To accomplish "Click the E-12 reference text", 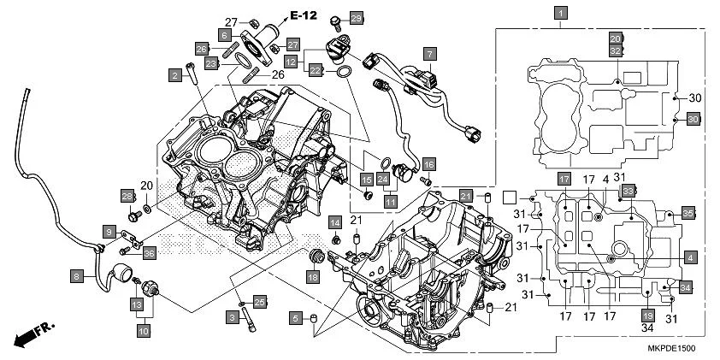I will click(x=304, y=15).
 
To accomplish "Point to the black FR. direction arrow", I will click(x=25, y=334).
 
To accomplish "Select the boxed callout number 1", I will click(x=559, y=13).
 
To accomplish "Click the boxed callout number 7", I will click(x=429, y=53).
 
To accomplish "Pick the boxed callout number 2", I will click(x=175, y=76).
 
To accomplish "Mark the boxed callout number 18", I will click(x=313, y=276).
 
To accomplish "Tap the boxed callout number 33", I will click(x=626, y=190).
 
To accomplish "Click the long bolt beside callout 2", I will click(x=194, y=75).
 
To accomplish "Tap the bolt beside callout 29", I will click(x=338, y=18).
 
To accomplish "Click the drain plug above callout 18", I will click(x=315, y=256).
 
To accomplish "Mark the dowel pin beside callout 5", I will click(x=316, y=319).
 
